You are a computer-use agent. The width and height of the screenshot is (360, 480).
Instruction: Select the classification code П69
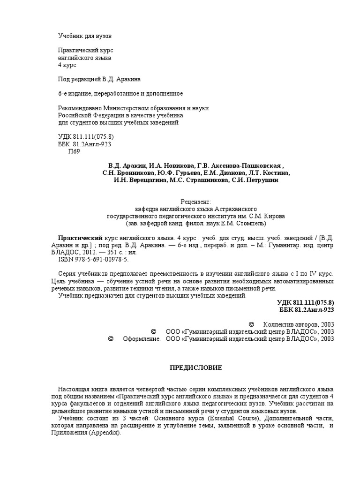pos(75,151)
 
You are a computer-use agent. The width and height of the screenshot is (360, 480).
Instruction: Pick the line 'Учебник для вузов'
pos(85,36)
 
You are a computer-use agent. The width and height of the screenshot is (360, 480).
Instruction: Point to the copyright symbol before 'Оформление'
pos(111,338)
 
